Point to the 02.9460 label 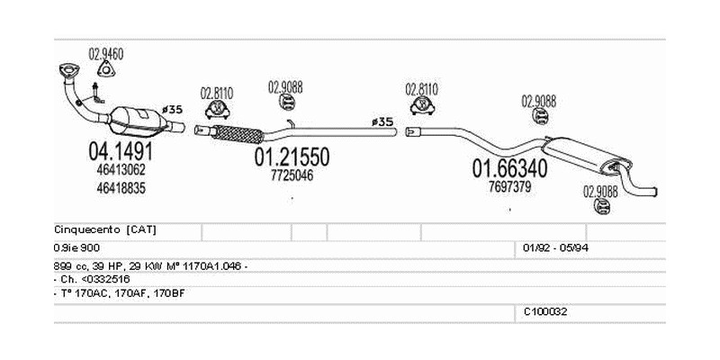[x=105, y=55]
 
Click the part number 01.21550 [x=292, y=157]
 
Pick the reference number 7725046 [x=292, y=175]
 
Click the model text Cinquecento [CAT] [x=105, y=229]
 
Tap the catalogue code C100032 [x=545, y=311]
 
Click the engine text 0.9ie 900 [x=79, y=247]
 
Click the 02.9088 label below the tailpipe [x=600, y=190]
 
